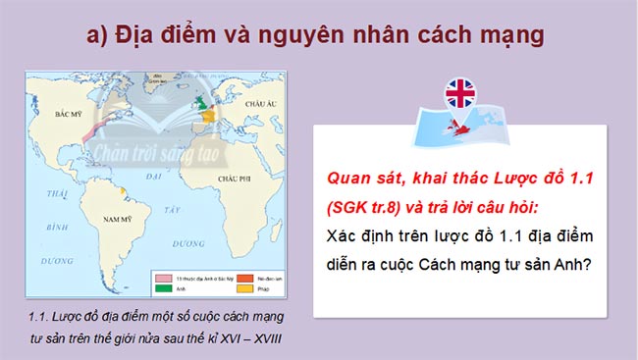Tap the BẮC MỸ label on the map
click(68, 114)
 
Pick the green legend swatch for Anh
click(161, 289)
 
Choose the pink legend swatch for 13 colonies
click(161, 279)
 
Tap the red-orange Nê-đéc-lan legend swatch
click(222, 279)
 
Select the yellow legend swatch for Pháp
click(222, 289)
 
